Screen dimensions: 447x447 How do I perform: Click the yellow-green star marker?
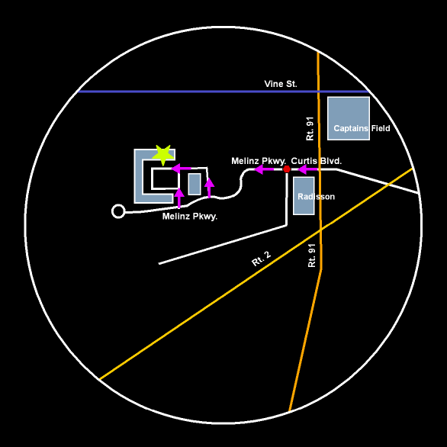coord(163,155)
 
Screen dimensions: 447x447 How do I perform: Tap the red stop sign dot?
coord(287,169)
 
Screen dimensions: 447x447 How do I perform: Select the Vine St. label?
coord(281,84)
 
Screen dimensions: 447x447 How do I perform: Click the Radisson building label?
coord(316,196)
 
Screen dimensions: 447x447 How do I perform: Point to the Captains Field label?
coord(362,128)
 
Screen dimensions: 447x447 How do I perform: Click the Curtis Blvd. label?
coord(316,161)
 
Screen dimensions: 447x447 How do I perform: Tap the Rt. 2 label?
coord(261,259)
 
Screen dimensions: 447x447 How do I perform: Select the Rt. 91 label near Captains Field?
coord(310,129)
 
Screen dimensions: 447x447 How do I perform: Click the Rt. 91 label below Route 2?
coord(312,256)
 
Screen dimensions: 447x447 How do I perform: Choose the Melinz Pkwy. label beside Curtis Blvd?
coord(259,161)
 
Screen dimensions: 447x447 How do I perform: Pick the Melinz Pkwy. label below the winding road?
coord(190,217)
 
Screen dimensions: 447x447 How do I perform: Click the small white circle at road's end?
coord(118,211)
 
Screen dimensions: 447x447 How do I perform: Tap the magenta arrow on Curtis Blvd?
coord(308,169)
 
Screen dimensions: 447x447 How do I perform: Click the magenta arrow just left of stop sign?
coord(264,169)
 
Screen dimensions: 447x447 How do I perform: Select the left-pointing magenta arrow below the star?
coord(181,169)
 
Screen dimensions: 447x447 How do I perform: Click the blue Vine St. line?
coord(223,92)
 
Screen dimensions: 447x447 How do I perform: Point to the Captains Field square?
coord(349,118)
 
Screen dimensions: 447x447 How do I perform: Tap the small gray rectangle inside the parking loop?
coord(195,184)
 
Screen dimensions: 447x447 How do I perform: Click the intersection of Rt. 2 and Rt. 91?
coord(320,229)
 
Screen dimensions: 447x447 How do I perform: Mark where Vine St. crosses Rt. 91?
coord(318,92)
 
